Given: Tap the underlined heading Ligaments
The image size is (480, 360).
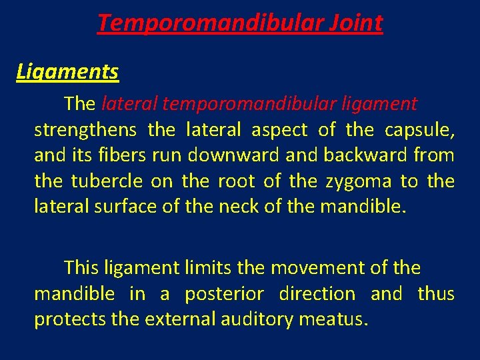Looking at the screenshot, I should tap(67, 71).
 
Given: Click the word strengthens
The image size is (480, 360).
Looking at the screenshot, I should tap(85, 129).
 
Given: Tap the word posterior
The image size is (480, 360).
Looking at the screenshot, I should tap(223, 294).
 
